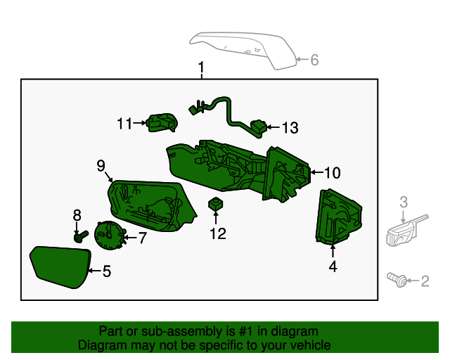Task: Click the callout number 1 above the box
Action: click(201, 68)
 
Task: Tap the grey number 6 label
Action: click(314, 60)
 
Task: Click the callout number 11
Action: click(124, 124)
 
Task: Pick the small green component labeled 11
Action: click(161, 122)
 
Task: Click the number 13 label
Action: click(290, 128)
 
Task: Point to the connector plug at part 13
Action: click(258, 127)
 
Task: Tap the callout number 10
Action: click(332, 172)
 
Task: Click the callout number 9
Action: click(101, 165)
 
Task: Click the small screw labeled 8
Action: click(79, 236)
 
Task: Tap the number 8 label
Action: click(77, 215)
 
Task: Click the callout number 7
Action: click(142, 238)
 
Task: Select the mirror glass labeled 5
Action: click(59, 266)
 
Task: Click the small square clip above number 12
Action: click(217, 205)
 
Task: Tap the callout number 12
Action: click(218, 233)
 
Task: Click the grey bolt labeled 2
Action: click(398, 281)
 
